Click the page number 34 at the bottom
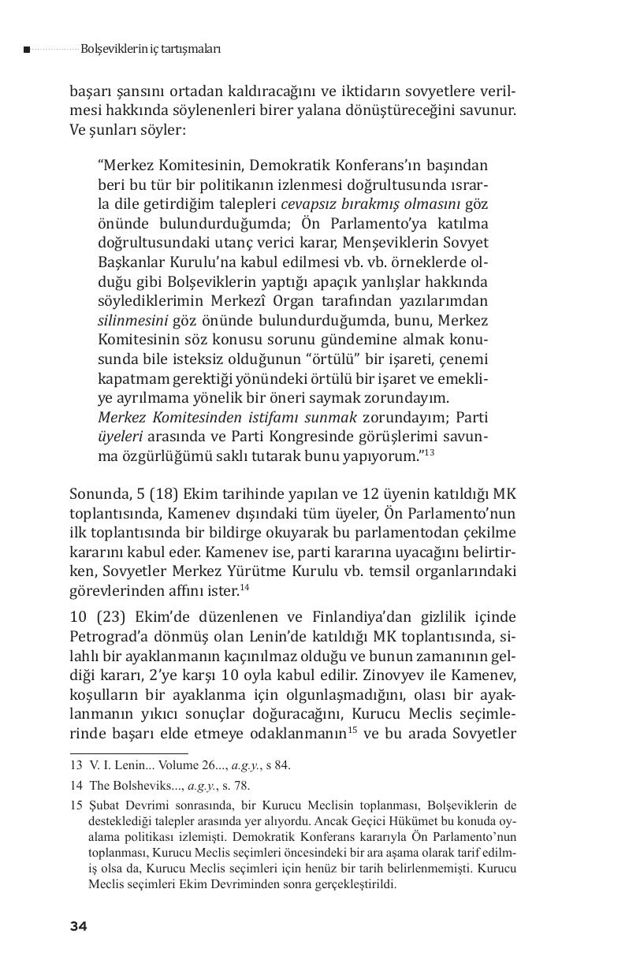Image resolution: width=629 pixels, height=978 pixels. click(78, 926)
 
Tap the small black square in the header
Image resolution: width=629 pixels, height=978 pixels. click(27, 50)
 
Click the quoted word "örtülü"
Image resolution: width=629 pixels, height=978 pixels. click(346, 359)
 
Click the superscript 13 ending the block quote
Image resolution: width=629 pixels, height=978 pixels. click(429, 452)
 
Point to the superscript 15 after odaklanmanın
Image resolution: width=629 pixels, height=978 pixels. click(352, 729)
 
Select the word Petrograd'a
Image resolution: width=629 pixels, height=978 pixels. click(114, 635)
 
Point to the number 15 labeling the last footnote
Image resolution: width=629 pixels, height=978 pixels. click(76, 805)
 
